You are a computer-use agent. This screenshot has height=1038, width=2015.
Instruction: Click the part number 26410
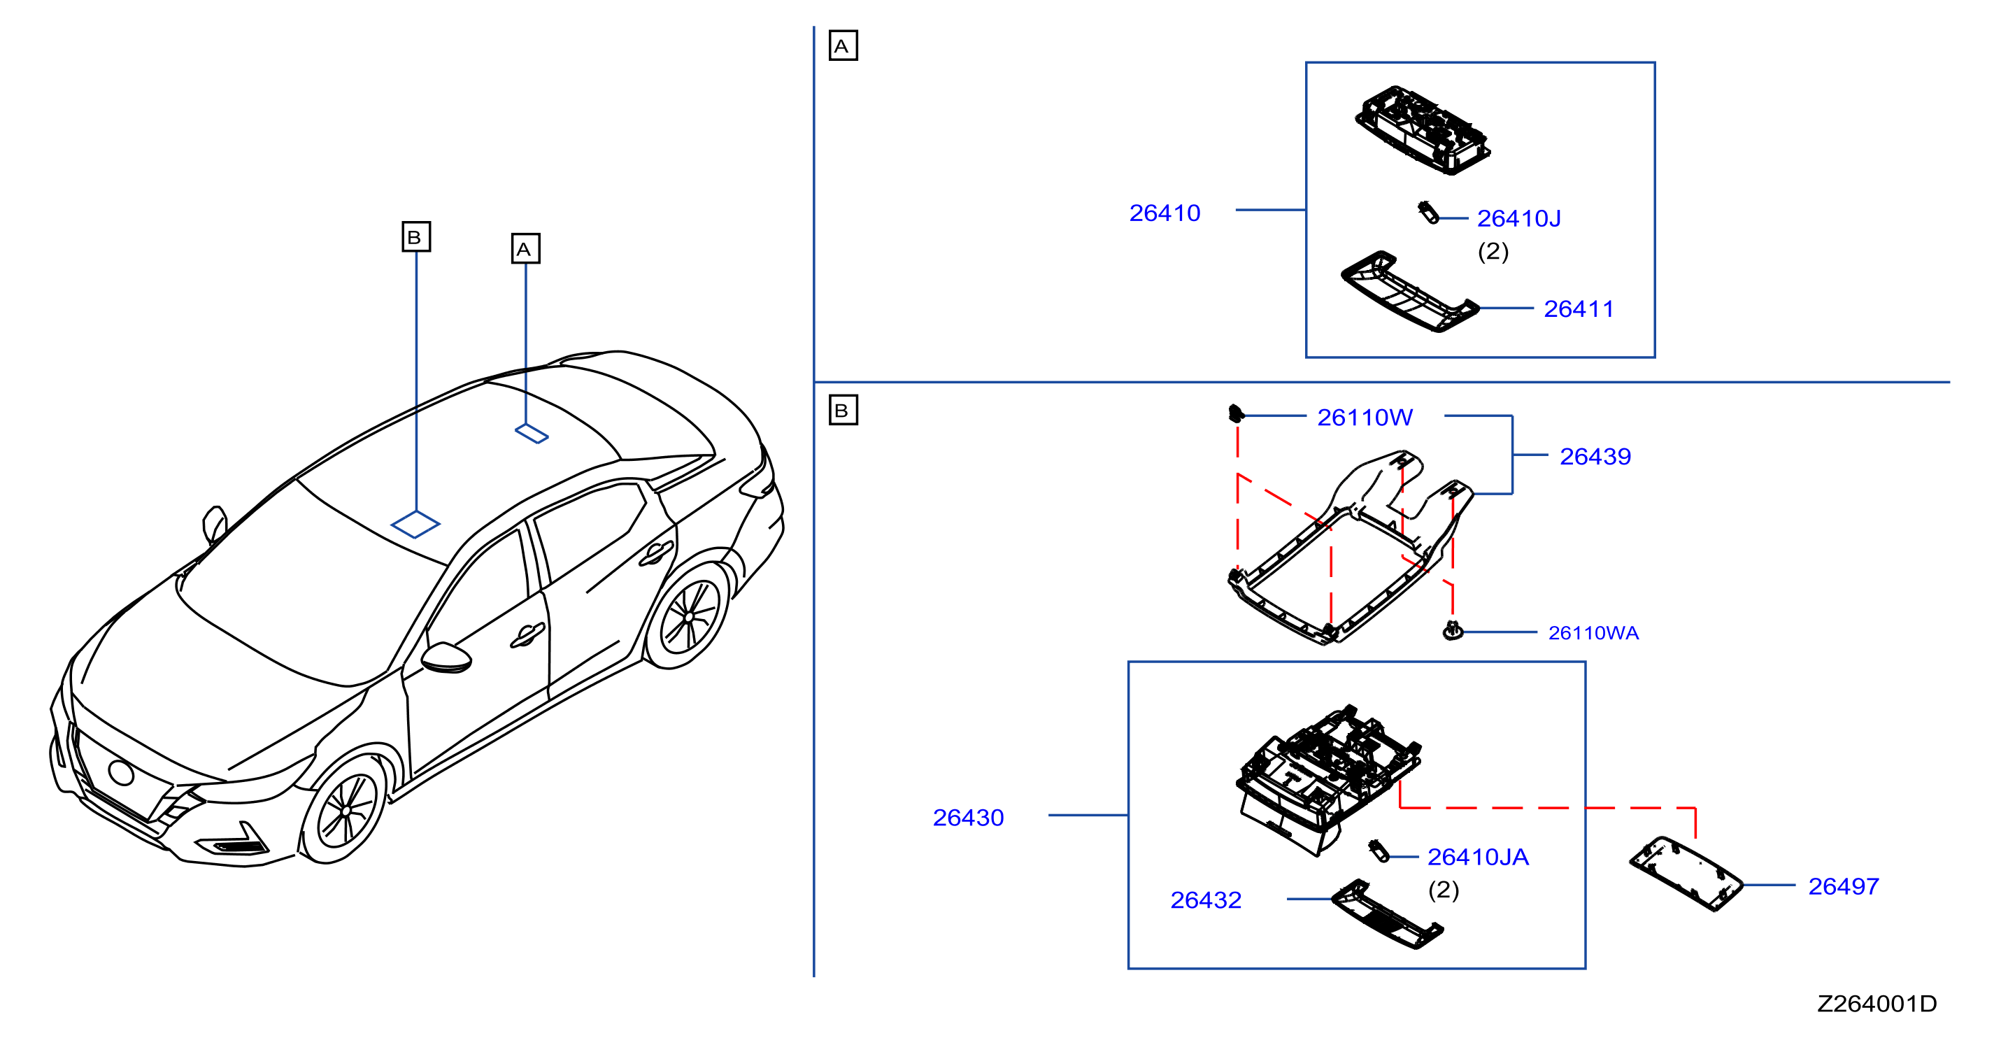tap(1164, 213)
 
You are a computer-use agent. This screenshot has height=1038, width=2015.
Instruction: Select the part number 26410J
tap(1518, 218)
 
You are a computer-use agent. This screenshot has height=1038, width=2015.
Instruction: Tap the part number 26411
tap(1579, 309)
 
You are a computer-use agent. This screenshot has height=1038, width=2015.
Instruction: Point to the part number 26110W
tap(1365, 418)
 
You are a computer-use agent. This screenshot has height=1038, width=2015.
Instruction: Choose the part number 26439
tap(1595, 456)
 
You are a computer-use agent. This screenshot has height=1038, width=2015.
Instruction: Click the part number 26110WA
tap(1593, 633)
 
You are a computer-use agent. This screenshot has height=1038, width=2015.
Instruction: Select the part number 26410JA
tap(1478, 858)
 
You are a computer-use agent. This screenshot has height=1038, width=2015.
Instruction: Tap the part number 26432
tap(1205, 900)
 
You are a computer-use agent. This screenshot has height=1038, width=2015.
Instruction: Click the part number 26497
tap(1843, 886)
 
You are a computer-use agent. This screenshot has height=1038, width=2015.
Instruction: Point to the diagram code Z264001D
tap(1877, 1004)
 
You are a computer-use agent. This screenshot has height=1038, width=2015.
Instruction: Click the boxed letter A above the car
tap(525, 249)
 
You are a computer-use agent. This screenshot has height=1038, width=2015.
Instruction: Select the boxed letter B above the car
tap(415, 236)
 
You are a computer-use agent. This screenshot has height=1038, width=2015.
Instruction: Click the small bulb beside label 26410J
tap(1428, 213)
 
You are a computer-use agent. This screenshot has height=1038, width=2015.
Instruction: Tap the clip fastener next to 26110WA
tap(1453, 630)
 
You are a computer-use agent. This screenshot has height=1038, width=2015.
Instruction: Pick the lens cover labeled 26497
tap(1686, 874)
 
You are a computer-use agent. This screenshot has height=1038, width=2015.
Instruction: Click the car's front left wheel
tap(346, 809)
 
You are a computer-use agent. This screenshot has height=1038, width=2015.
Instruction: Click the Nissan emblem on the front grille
tap(121, 773)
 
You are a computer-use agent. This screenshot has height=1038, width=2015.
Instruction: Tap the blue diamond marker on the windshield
tap(415, 524)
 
